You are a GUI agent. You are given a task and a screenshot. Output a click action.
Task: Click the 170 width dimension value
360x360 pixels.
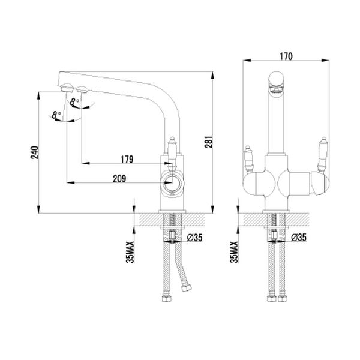[x=286, y=56]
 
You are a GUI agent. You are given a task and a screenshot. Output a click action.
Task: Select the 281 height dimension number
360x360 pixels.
[x=209, y=142]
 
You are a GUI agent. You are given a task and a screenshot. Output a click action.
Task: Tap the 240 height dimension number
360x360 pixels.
[x=35, y=152]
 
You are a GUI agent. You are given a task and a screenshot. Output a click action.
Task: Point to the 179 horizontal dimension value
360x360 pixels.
[x=127, y=159]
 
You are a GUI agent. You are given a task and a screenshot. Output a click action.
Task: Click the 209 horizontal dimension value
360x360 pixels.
[x=119, y=179]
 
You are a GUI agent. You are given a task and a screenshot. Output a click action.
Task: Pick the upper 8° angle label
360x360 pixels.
[x=74, y=102]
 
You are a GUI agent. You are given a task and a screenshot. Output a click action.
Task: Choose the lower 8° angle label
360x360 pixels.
[x=56, y=115]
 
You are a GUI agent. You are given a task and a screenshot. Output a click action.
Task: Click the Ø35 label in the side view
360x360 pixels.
[x=194, y=238]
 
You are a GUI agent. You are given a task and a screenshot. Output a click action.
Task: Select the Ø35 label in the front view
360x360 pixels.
[x=298, y=238]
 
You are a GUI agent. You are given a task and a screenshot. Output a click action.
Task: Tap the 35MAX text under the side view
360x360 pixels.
[x=131, y=252]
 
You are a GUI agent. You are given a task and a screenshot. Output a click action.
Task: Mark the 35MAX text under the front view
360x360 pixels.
[x=235, y=252]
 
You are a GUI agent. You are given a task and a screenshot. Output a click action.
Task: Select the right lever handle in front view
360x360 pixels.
[x=323, y=154]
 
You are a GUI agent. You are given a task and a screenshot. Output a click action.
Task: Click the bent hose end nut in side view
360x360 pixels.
[x=187, y=288]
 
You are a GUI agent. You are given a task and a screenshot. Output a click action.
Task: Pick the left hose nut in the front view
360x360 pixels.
[x=272, y=299]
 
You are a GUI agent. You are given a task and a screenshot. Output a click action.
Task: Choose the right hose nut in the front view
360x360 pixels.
[x=282, y=299]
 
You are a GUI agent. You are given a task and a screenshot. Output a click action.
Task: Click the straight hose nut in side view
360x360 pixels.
[x=166, y=299]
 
